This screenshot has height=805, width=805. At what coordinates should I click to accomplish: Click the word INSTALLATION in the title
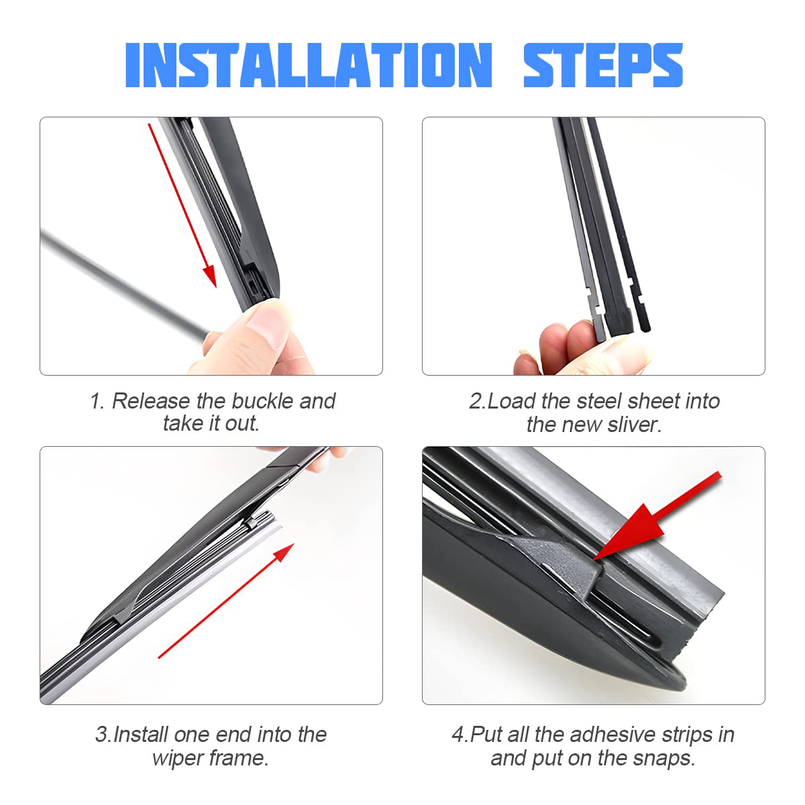pos(309,65)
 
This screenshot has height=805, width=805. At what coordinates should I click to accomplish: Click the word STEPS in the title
pos(602,65)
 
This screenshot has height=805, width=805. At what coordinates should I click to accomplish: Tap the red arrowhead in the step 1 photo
pos(210,276)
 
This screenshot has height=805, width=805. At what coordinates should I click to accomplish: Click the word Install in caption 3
pos(142,735)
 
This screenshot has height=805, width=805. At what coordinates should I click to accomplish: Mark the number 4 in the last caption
pos(458,735)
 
